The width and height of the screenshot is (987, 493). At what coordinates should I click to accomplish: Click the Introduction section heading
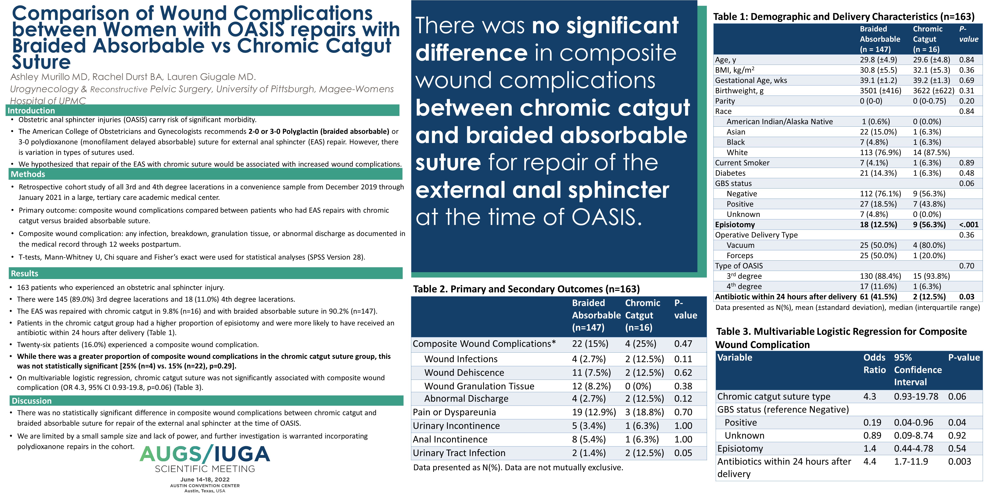pos(31,111)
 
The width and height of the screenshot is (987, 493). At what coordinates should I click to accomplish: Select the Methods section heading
pos(28,174)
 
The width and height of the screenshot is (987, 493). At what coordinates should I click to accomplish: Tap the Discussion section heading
pos(31,401)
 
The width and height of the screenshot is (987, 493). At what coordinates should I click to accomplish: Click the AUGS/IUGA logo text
pos(205,454)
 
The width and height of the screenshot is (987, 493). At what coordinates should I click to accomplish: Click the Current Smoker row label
pos(742,163)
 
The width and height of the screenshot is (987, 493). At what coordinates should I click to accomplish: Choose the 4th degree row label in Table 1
pos(744,286)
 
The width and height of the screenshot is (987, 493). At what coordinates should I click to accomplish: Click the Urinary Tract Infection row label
pos(459,453)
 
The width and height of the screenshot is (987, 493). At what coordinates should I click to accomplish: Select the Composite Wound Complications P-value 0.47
pos(683,344)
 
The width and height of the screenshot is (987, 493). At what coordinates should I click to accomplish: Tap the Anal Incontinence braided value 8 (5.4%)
pos(589,440)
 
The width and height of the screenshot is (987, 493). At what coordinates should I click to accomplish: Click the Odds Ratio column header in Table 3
pos(874,364)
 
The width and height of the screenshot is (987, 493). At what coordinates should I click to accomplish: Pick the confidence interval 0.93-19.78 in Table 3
pos(916,396)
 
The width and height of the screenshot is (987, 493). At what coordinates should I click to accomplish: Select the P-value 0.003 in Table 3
pos(959,461)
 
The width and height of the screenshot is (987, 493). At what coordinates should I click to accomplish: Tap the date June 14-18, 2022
pos(205,480)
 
